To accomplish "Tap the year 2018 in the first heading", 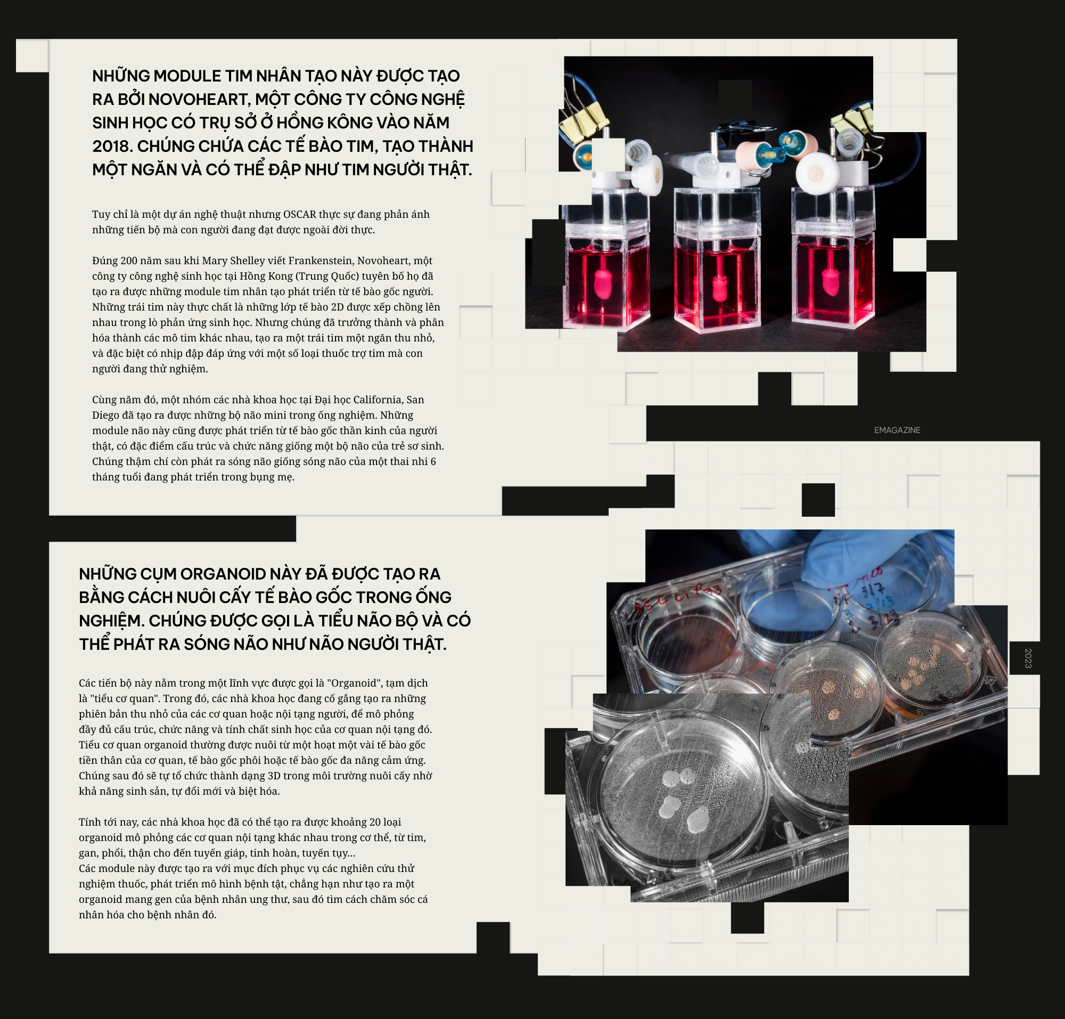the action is (x=112, y=146).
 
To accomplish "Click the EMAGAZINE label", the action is (x=897, y=430).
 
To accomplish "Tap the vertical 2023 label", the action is (x=1028, y=658).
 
